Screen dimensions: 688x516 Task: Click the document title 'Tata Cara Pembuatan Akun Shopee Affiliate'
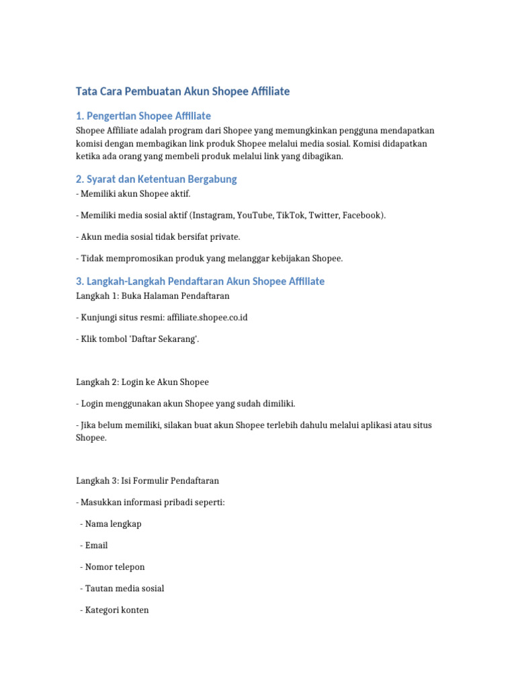[182, 91]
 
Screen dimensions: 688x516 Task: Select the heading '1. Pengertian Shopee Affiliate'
[143, 116]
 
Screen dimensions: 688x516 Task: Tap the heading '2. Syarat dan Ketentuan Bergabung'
[156, 179]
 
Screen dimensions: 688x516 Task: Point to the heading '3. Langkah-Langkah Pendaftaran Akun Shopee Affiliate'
[200, 281]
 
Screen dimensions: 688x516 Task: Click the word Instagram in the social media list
[212, 216]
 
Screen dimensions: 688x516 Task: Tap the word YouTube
[255, 216]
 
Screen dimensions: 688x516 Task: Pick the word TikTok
[292, 216]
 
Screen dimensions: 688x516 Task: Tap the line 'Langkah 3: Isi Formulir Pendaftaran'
[147, 481]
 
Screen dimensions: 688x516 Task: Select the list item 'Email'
[96, 546]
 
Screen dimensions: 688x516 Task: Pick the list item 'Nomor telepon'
[114, 567]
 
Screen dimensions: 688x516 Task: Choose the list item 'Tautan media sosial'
[124, 589]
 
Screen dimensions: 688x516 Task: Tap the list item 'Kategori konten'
[117, 610]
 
